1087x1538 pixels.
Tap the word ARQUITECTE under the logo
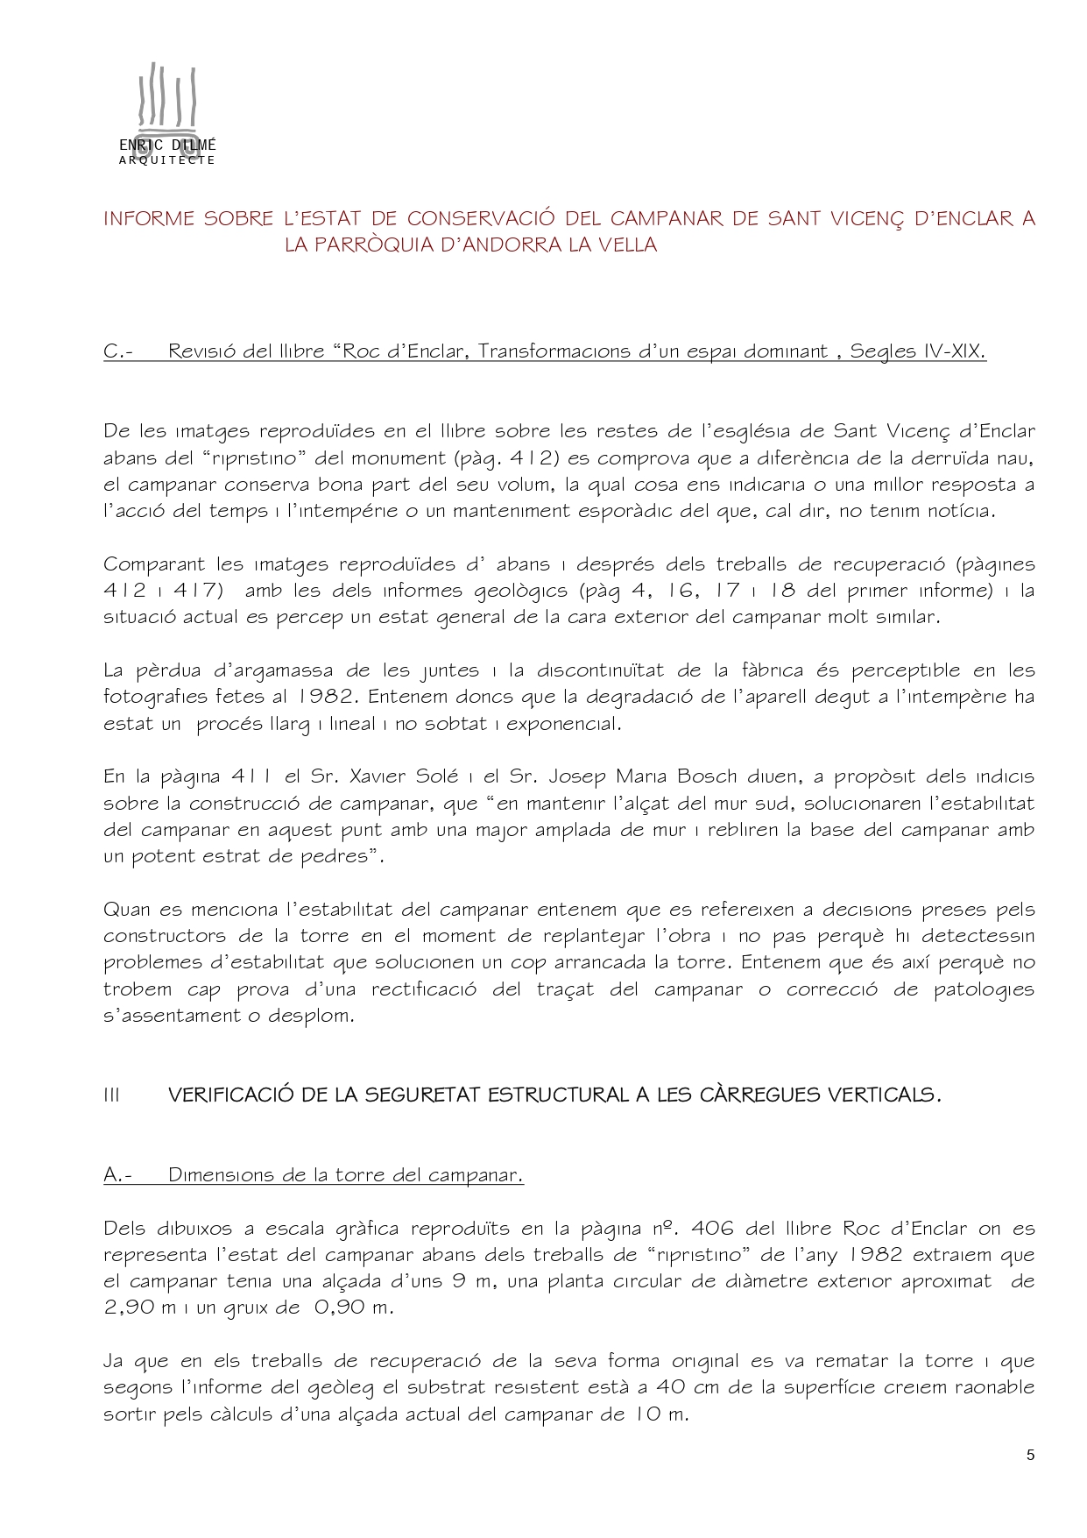(166, 160)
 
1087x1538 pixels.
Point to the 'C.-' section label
(117, 351)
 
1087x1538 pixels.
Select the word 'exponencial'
(564, 724)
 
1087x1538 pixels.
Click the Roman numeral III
(111, 1095)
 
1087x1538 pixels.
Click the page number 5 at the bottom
(1030, 1456)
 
